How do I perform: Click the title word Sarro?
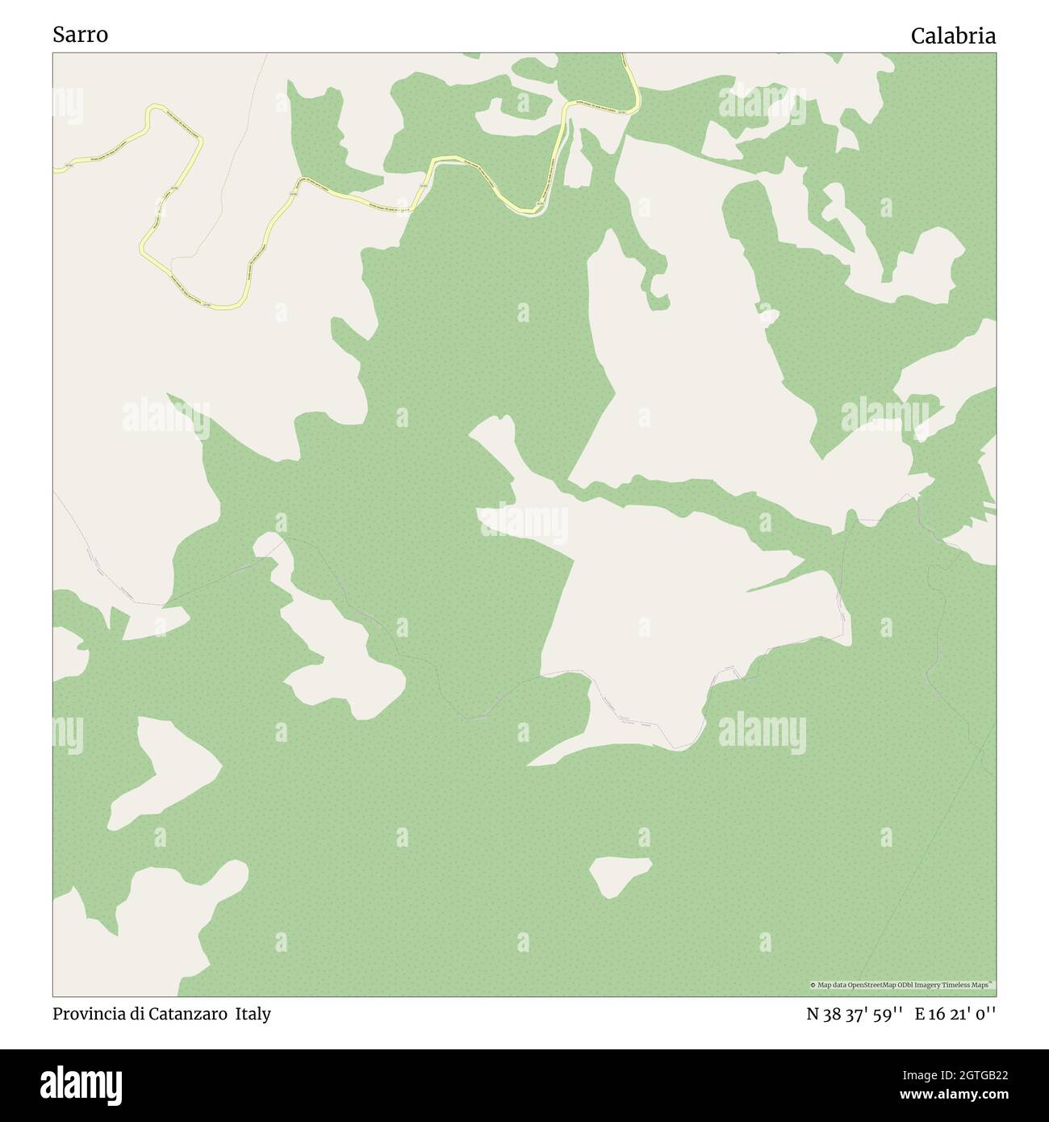pos(80,35)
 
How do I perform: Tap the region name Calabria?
pos(953,36)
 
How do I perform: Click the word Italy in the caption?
pos(253,1014)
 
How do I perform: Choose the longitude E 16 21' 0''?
pos(955,1014)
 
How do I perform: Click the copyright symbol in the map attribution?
pos(813,986)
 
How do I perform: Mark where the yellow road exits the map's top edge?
pos(624,55)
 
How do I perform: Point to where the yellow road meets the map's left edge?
pos(55,170)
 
